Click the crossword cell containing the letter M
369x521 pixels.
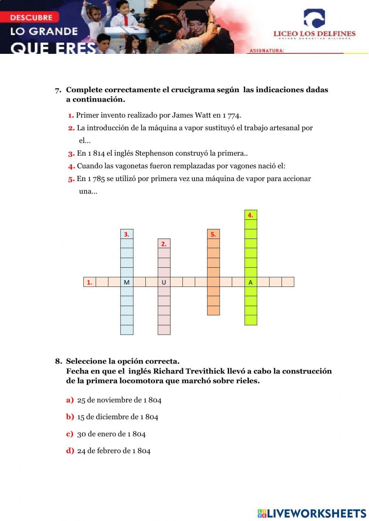tap(127, 282)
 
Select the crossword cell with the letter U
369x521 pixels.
tap(164, 282)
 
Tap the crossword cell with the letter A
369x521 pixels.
tap(251, 282)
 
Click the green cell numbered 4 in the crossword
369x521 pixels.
tap(251, 215)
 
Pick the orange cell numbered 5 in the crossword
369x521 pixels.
tap(213, 234)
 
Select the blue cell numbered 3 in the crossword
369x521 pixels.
tap(127, 234)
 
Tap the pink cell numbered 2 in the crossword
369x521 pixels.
tap(164, 244)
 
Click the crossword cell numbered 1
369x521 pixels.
tap(90, 282)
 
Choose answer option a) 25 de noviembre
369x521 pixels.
tap(119, 400)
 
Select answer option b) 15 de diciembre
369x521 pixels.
tap(117, 417)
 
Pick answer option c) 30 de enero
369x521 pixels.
tap(111, 434)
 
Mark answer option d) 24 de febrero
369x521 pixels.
tap(114, 451)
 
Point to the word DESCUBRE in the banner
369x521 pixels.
tap(31, 17)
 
